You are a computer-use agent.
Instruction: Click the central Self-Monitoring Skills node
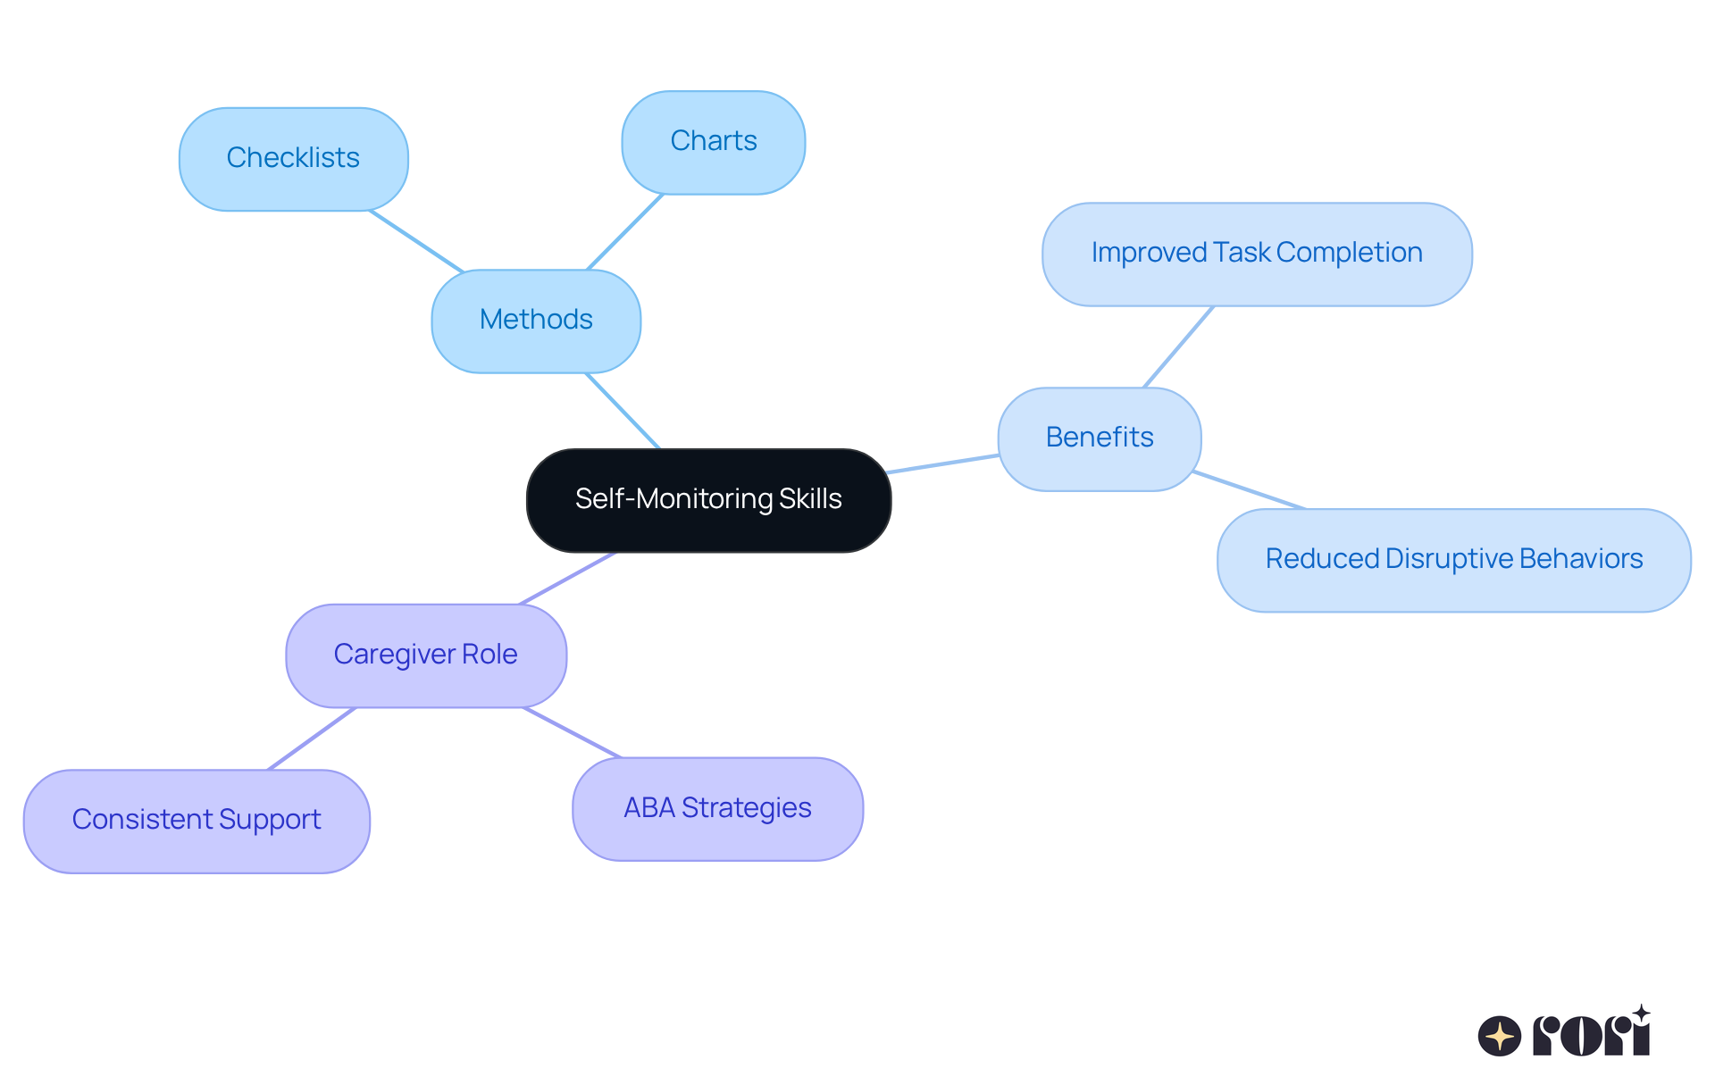pos(708,500)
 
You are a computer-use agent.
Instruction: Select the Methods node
pos(536,321)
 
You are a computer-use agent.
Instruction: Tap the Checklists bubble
pos(293,159)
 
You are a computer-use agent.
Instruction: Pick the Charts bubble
pos(713,142)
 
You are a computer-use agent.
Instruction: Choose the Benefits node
pos(1099,438)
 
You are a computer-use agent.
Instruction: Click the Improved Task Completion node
pos(1256,254)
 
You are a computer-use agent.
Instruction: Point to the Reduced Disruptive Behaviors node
pos(1453,560)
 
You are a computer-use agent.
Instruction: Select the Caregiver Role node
pos(425,655)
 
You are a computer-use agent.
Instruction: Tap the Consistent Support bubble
pos(197,821)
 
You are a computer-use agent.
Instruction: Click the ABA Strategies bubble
pos(717,809)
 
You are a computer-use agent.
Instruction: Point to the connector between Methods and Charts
pos(624,232)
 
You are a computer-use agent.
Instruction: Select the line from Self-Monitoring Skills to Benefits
pos(943,463)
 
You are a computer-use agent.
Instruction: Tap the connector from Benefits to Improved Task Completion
pos(1178,346)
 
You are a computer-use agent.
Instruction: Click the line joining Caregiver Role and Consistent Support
pos(312,739)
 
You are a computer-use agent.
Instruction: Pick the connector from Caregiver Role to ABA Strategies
pos(572,733)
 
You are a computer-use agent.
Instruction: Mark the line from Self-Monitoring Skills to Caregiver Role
pos(568,578)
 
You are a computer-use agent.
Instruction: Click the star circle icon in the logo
pos(1499,1036)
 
